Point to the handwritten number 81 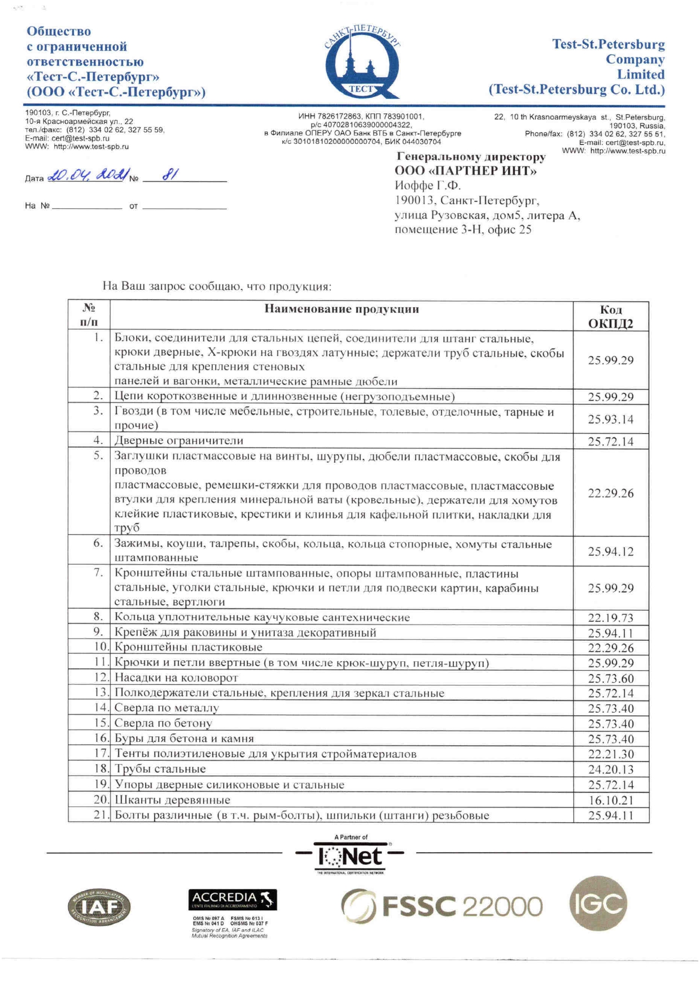tap(170, 175)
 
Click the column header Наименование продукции tap(342, 309)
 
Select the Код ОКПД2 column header tap(610, 316)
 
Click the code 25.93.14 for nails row tap(610, 419)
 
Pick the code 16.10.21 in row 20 tap(610, 800)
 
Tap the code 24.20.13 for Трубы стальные tap(610, 769)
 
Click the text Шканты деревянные tap(172, 800)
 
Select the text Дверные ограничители tap(179, 440)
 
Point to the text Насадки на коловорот tap(176, 678)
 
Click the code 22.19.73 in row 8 tap(610, 618)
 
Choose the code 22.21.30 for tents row tap(610, 754)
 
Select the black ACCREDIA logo tap(232, 899)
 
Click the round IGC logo tap(598, 903)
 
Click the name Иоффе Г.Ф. tap(427, 186)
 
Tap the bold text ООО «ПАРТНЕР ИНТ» tap(465, 171)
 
